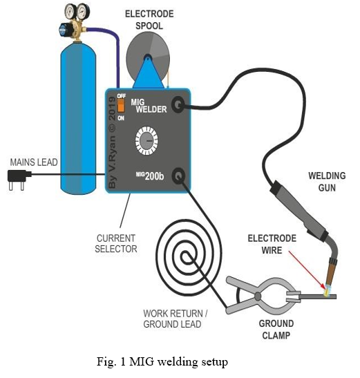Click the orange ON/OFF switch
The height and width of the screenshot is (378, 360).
tap(121, 106)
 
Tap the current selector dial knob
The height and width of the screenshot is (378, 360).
tap(146, 141)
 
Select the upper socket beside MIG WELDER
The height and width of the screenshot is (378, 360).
tap(178, 104)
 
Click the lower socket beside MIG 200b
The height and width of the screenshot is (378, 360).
tap(179, 176)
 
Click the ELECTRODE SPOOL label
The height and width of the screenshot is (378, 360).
tap(149, 20)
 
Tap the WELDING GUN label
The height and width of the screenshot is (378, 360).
tap(327, 182)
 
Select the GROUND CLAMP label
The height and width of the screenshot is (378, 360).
tap(276, 329)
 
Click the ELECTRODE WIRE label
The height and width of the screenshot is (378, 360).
tap(272, 244)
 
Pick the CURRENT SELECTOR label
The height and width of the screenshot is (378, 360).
tap(116, 243)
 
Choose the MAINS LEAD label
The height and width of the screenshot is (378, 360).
tap(34, 162)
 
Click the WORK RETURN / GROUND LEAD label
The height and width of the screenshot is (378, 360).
tap(176, 319)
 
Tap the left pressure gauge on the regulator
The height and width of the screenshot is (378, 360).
tap(70, 12)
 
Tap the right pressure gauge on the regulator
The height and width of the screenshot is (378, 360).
tap(83, 11)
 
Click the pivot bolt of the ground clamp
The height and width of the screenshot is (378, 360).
tap(258, 296)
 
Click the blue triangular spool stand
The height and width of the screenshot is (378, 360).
tap(149, 73)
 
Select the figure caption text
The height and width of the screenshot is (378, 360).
tap(162, 361)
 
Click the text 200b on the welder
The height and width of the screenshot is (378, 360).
tap(154, 176)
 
